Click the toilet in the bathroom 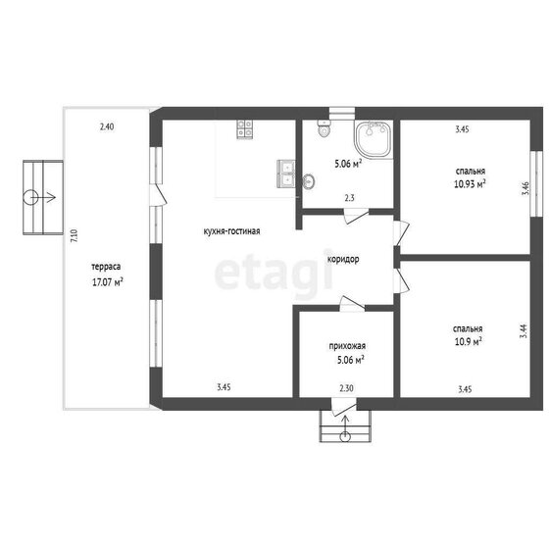(x=324, y=127)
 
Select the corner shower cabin (x=374, y=139)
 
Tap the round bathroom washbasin (x=308, y=181)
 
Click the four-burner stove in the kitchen (x=245, y=129)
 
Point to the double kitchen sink (x=286, y=175)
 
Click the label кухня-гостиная (x=231, y=231)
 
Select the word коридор (x=343, y=260)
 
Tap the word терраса (x=106, y=267)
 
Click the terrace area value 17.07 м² (x=108, y=282)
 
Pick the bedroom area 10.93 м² (x=470, y=184)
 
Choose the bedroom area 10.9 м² (x=469, y=341)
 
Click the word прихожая (x=347, y=346)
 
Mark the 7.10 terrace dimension (x=74, y=236)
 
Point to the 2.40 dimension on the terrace (x=107, y=126)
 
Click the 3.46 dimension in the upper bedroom (x=524, y=188)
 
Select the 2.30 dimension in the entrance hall (x=346, y=388)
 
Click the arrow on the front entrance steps (x=345, y=427)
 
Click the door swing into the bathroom (x=356, y=216)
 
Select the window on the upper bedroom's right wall (x=536, y=184)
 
